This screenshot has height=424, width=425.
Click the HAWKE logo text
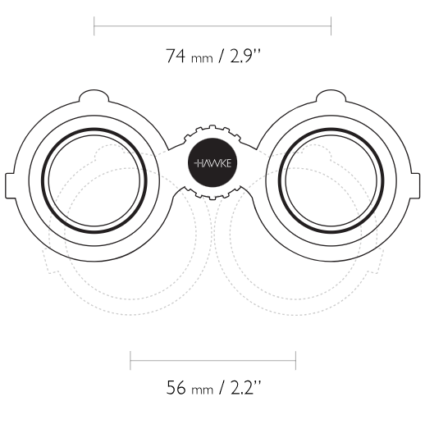click(x=212, y=163)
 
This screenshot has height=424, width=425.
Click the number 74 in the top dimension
click(x=176, y=56)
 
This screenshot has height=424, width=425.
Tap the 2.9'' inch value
click(x=245, y=56)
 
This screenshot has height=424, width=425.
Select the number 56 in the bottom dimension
click(x=176, y=387)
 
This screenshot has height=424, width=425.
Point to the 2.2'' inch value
click(x=245, y=387)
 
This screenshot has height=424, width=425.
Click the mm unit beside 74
click(x=202, y=58)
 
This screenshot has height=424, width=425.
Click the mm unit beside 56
click(x=202, y=390)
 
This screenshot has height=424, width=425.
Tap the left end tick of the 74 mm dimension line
click(x=94, y=26)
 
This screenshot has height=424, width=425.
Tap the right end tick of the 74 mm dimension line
click(x=331, y=26)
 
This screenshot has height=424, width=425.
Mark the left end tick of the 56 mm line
click(x=130, y=361)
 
